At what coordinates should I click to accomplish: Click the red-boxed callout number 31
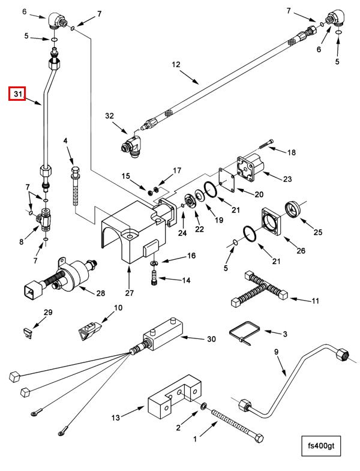[x=18, y=94]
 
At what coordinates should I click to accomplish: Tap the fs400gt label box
[x=321, y=445]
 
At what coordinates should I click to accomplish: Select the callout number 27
[x=129, y=293]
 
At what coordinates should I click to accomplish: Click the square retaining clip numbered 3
[x=244, y=333]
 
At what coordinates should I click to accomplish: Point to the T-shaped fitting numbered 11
[x=260, y=288]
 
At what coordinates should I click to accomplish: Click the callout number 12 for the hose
[x=176, y=64]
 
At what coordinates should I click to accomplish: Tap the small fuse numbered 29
[x=28, y=333]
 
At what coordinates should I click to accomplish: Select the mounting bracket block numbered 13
[x=173, y=397]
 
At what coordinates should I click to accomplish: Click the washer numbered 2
[x=203, y=407]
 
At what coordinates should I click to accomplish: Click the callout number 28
[x=101, y=293]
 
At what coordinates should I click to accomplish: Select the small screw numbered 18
[x=266, y=144]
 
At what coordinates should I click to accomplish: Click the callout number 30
[x=212, y=339]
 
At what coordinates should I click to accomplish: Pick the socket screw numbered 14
[x=154, y=277]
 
